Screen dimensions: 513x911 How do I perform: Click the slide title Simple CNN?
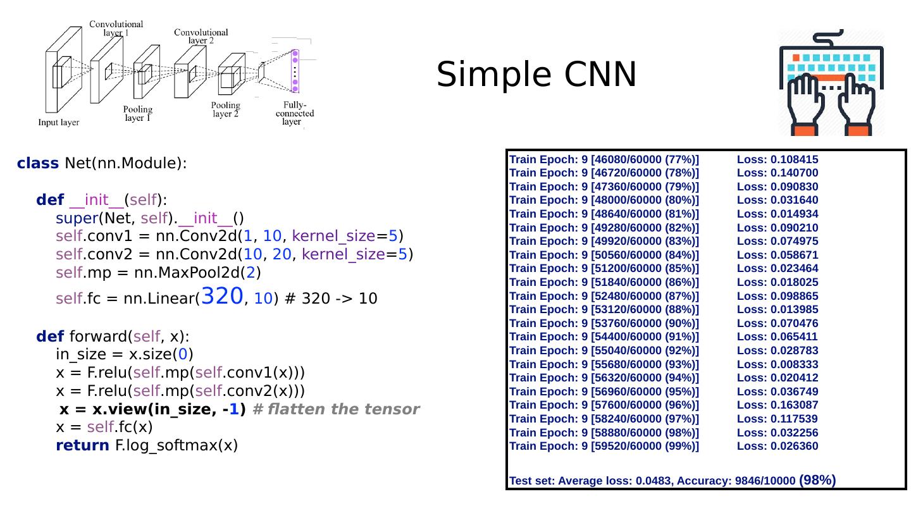click(x=536, y=75)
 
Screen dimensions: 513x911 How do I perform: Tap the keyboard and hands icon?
click(x=831, y=82)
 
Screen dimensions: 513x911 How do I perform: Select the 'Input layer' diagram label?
click(x=59, y=122)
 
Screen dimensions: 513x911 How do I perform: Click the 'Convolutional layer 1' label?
click(x=116, y=28)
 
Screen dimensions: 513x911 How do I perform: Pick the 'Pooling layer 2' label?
click(x=225, y=109)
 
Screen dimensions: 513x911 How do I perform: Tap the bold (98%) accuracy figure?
click(x=818, y=480)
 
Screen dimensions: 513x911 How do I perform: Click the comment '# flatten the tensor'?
click(x=336, y=409)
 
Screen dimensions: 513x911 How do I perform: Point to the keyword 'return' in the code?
click(x=82, y=445)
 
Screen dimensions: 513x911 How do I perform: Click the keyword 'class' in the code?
click(x=38, y=163)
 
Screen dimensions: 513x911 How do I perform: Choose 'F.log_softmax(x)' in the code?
click(x=177, y=445)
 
